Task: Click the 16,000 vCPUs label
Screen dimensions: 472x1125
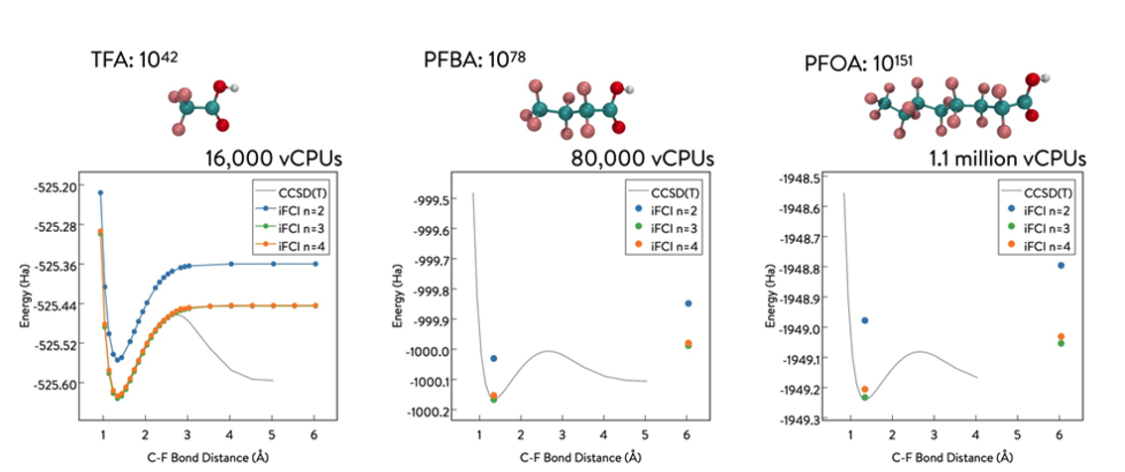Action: (x=275, y=158)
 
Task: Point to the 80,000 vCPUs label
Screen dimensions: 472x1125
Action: (x=642, y=158)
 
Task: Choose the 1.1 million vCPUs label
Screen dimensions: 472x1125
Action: (x=1007, y=158)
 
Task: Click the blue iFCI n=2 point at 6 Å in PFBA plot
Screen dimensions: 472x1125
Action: (x=688, y=303)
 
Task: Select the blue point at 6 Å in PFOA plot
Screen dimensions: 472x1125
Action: (x=1061, y=265)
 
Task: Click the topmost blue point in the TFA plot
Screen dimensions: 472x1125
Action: (x=100, y=192)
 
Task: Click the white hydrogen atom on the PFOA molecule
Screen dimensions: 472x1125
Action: (x=1045, y=76)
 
